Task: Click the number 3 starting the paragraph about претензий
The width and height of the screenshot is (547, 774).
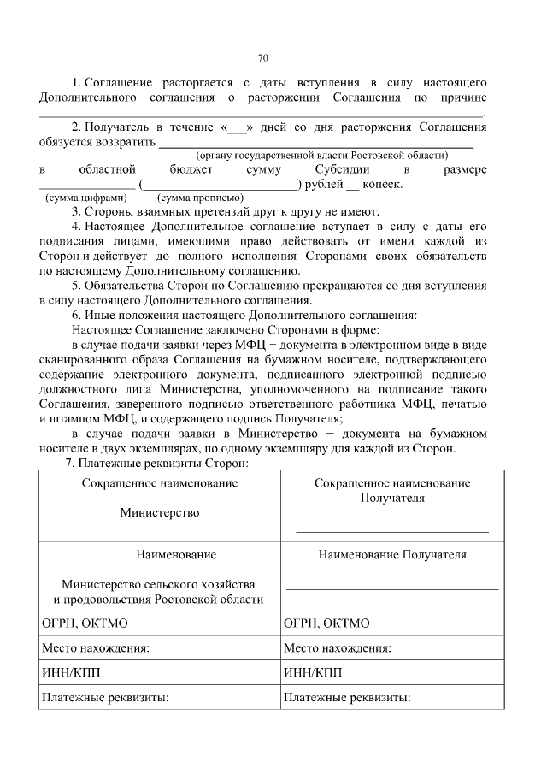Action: pyautogui.click(x=76, y=211)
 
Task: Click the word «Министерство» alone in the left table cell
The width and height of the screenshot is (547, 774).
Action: pyautogui.click(x=160, y=513)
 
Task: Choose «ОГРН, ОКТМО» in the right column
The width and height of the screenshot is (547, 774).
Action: pyautogui.click(x=326, y=623)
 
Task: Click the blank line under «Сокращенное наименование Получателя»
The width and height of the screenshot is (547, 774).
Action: pyautogui.click(x=392, y=531)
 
